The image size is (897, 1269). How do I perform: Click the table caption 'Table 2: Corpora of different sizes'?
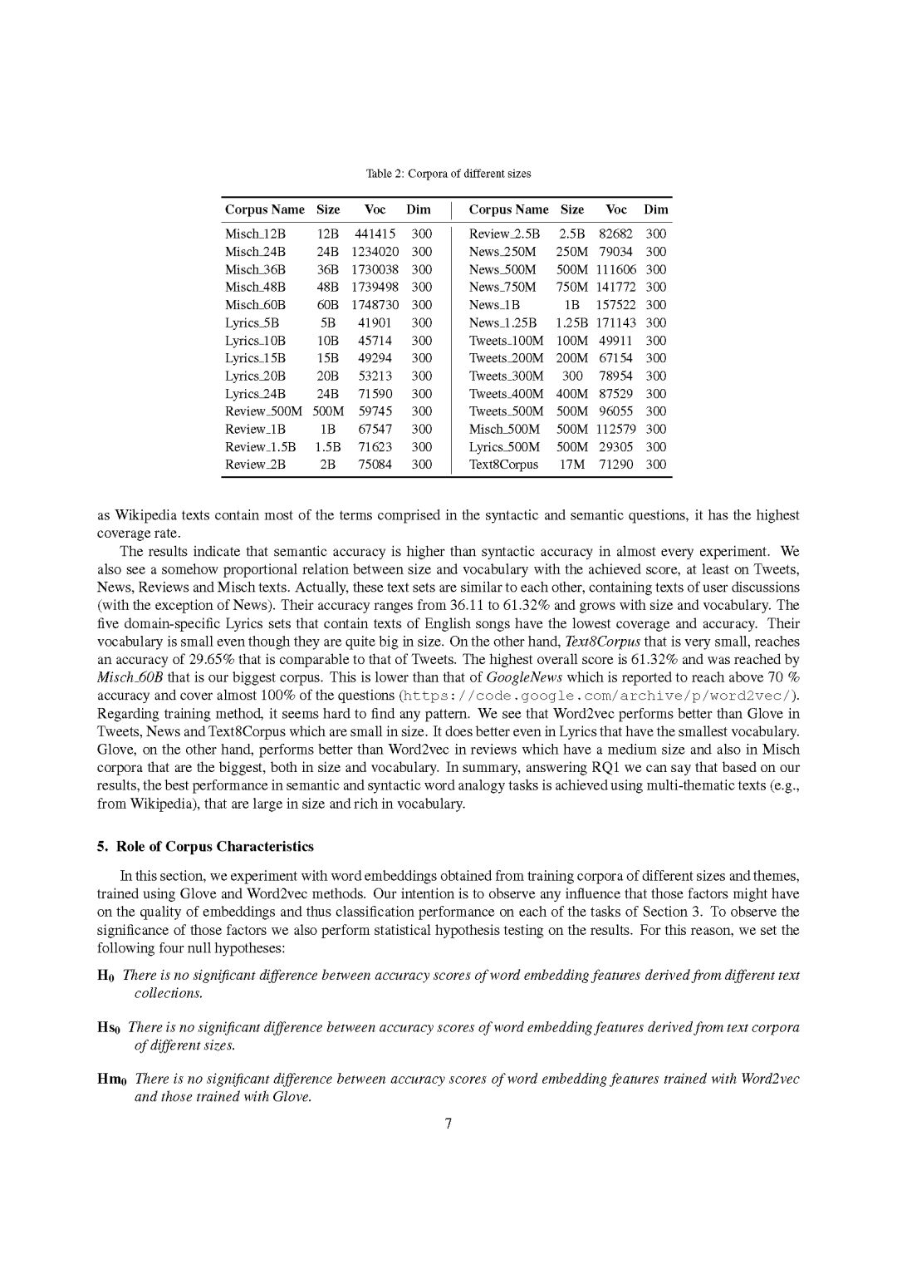(x=448, y=174)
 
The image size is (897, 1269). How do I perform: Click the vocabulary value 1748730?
(x=375, y=305)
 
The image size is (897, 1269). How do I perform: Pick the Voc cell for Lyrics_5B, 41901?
(x=375, y=322)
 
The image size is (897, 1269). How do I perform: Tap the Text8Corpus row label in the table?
(x=503, y=465)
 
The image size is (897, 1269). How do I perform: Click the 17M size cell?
(x=571, y=465)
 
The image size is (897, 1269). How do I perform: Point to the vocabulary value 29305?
(x=615, y=447)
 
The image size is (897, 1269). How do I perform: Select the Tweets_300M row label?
(x=506, y=376)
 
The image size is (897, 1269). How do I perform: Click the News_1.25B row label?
(x=502, y=322)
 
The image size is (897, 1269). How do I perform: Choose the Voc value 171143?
(x=615, y=322)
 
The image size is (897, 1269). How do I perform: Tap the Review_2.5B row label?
(x=504, y=234)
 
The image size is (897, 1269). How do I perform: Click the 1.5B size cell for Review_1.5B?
(x=328, y=447)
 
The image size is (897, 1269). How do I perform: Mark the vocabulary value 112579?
(x=615, y=429)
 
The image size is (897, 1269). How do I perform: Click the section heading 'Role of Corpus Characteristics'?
(x=214, y=846)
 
